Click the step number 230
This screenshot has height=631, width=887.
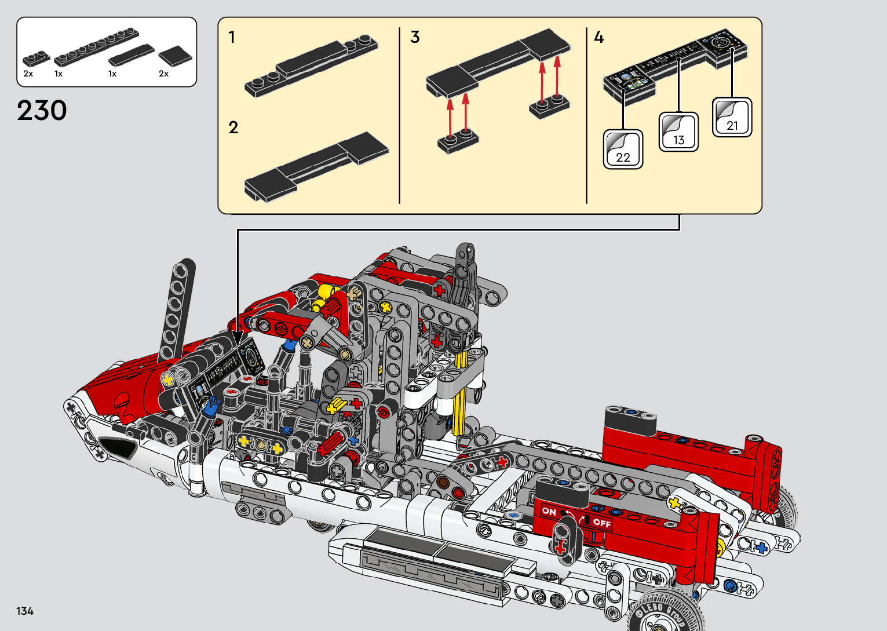[42, 110]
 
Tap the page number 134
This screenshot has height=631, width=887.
[24, 611]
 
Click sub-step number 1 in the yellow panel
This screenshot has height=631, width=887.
[232, 37]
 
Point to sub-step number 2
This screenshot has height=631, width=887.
[233, 127]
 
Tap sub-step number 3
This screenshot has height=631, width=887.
[415, 37]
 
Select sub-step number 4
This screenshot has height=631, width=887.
[598, 37]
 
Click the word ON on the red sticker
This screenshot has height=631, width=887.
[549, 511]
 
